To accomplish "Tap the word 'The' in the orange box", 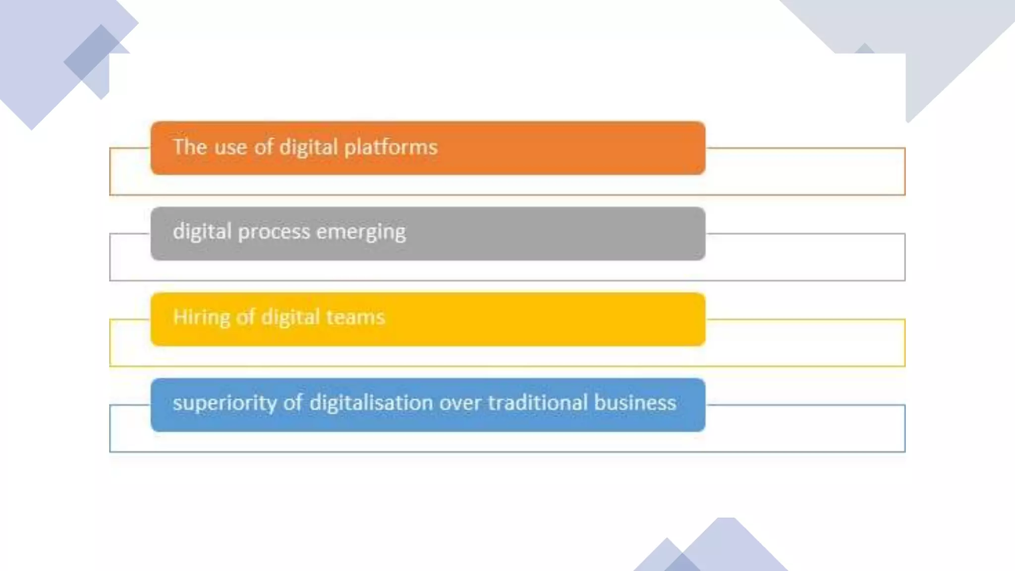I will [x=190, y=147].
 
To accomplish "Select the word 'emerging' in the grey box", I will [x=361, y=232].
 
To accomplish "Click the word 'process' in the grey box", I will [x=274, y=232].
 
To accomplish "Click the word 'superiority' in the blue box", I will [x=225, y=403].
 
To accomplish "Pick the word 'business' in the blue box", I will [x=635, y=402].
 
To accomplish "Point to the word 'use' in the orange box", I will [x=230, y=147].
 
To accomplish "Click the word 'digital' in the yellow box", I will [x=290, y=317].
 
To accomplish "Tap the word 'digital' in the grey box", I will [x=202, y=232].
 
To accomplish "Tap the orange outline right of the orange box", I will [x=904, y=171].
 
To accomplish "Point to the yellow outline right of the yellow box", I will [x=904, y=343].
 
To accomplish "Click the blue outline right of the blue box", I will [x=904, y=428].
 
